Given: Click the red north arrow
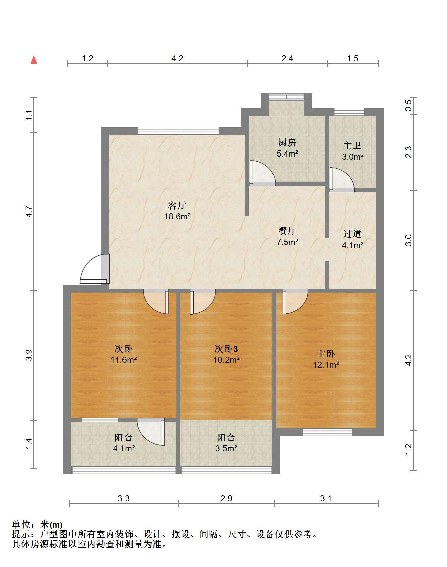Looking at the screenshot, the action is pyautogui.click(x=34, y=60).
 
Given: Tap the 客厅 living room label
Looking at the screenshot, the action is pyautogui.click(x=177, y=205).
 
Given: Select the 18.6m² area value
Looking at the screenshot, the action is pyautogui.click(x=177, y=216).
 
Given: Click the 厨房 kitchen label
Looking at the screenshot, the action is pyautogui.click(x=287, y=142).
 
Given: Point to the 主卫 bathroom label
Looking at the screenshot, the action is pyautogui.click(x=352, y=145).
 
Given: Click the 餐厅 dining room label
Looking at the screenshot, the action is pyautogui.click(x=287, y=230).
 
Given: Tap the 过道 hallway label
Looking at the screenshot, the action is pyautogui.click(x=352, y=234).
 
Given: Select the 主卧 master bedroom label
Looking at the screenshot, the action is pyautogui.click(x=326, y=354).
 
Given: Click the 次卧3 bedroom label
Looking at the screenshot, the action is pyautogui.click(x=226, y=349).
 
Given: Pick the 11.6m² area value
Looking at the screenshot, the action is pyautogui.click(x=124, y=360).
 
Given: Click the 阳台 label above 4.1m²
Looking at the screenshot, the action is pyautogui.click(x=123, y=437).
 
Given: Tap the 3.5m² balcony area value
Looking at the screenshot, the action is pyautogui.click(x=226, y=448).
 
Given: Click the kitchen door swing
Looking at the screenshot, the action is pyautogui.click(x=262, y=173).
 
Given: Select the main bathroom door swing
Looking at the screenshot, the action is pyautogui.click(x=342, y=180).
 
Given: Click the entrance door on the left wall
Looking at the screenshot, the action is pyautogui.click(x=95, y=269).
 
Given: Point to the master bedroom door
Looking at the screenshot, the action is pyautogui.click(x=295, y=301).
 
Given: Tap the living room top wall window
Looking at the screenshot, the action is pyautogui.click(x=179, y=131).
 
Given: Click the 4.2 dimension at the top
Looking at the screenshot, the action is pyautogui.click(x=177, y=59).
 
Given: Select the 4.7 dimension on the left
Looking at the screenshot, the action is pyautogui.click(x=29, y=211).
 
